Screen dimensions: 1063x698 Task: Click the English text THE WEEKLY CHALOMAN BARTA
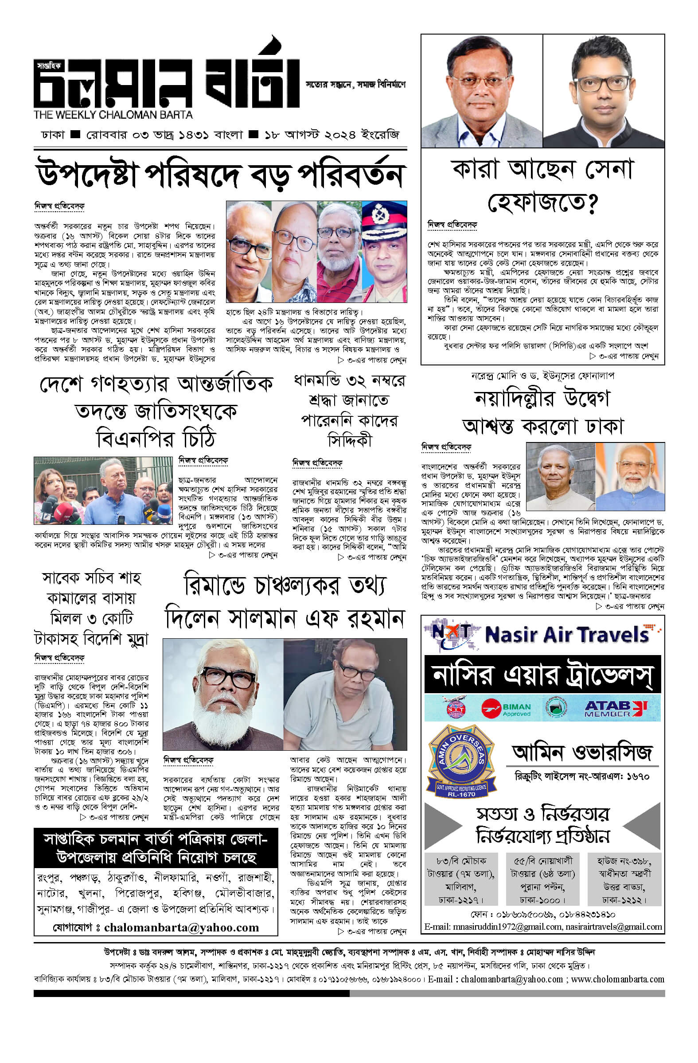[113, 115]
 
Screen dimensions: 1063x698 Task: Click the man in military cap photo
[384, 252]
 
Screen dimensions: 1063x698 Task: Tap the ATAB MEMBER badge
[615, 708]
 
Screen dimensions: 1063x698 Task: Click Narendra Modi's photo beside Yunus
[630, 477]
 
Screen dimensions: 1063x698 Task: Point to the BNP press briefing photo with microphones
[103, 490]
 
